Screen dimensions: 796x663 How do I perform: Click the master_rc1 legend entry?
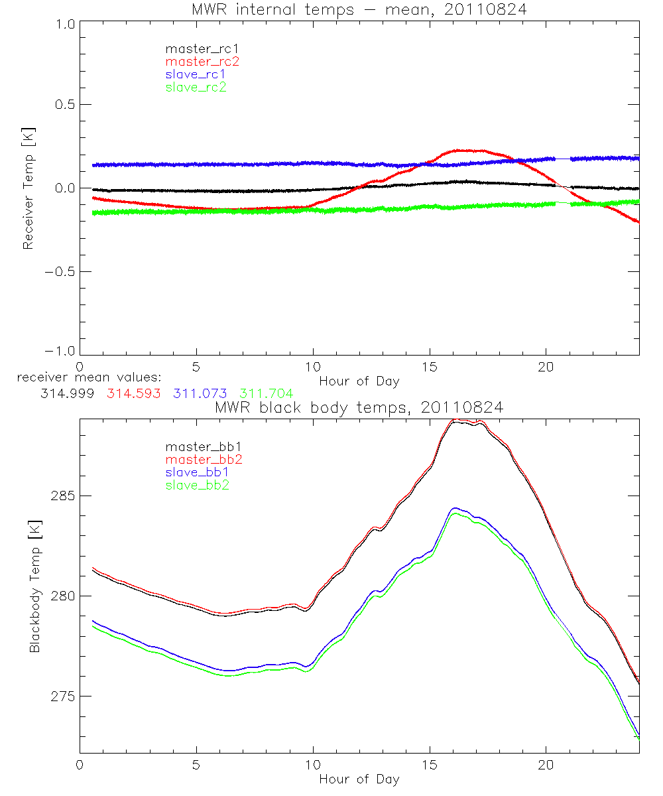click(196, 48)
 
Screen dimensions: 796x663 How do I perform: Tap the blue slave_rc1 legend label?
click(196, 74)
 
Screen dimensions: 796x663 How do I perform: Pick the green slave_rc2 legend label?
click(196, 87)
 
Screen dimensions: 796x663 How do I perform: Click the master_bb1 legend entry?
click(196, 446)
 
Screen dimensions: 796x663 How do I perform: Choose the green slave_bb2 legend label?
click(196, 486)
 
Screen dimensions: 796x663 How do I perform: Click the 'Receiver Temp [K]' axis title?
click(28, 188)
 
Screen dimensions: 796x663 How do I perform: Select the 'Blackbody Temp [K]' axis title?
click(34, 586)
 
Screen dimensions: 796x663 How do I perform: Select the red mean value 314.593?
click(132, 393)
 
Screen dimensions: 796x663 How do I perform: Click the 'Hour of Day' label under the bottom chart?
click(359, 779)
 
